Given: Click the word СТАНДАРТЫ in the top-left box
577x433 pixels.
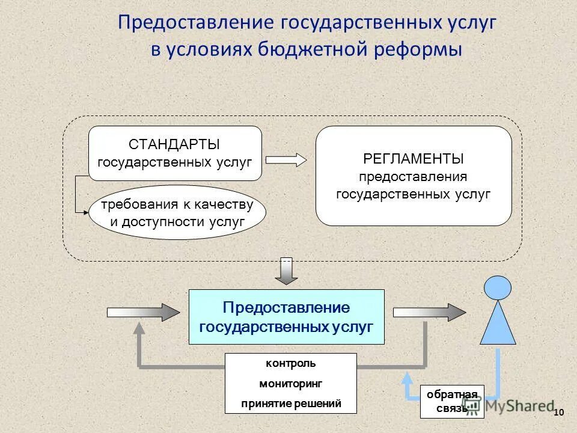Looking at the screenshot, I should tap(174, 144).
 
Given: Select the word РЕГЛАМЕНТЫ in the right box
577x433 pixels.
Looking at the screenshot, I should tap(414, 159).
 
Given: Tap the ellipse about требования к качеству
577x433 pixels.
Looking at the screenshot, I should tap(177, 212).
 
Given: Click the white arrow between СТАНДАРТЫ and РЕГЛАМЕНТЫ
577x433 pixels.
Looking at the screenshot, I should tap(285, 159).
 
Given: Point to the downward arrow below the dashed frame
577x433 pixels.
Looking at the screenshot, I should tap(287, 271).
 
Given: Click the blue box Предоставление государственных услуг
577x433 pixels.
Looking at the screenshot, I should tap(286, 316).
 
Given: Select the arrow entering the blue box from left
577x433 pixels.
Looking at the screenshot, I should tap(143, 312).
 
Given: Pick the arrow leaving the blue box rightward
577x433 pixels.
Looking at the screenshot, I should tap(429, 312).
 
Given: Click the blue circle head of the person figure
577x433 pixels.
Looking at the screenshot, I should tap(498, 287).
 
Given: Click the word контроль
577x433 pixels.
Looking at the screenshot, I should tap(290, 364).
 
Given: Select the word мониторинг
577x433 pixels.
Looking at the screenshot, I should tap(290, 384).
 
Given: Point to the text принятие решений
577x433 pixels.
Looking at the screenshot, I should tap(290, 404).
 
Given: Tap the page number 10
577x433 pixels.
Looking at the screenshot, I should tap(558, 412).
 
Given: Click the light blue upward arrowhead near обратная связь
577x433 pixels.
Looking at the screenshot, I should tap(407, 376).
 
